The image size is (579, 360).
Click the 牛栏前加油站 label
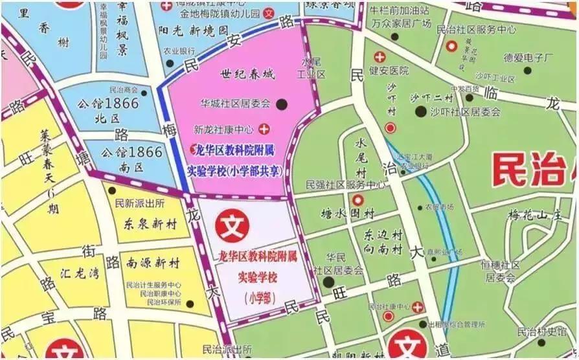pyautogui.click(x=398, y=11)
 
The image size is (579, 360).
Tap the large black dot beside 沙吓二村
pyautogui.click(x=421, y=112)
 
